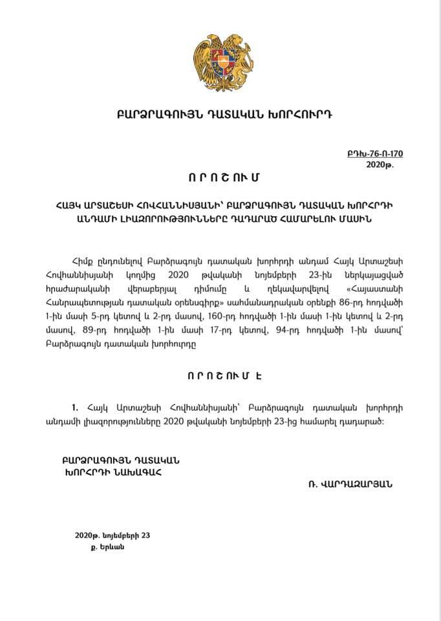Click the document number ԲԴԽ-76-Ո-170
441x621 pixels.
[375, 155]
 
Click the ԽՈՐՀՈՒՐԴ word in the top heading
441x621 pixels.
[301, 114]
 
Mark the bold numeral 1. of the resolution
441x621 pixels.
[76, 408]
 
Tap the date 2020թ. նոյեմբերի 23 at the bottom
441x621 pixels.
[112, 536]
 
